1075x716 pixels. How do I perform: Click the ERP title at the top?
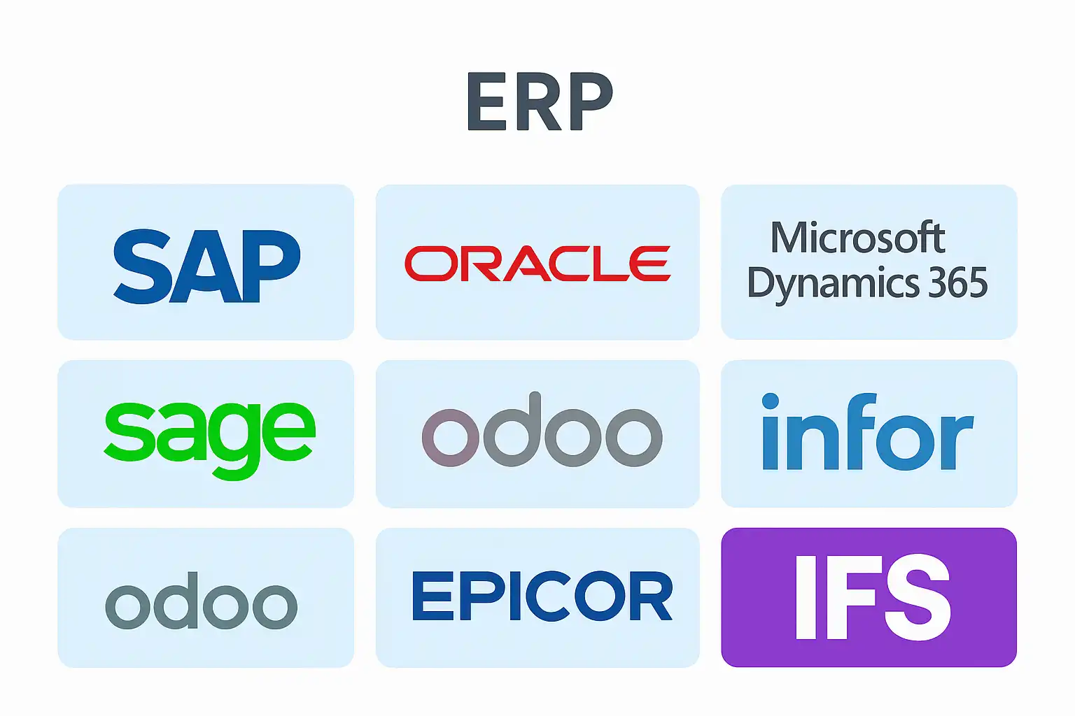click(540, 101)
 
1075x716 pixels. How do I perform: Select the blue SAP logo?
click(207, 266)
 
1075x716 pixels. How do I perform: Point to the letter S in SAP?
click(142, 266)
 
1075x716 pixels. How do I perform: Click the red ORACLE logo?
click(537, 264)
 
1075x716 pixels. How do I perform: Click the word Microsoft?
click(857, 237)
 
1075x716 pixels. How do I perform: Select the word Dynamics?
click(833, 285)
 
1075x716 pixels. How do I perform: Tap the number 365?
click(958, 282)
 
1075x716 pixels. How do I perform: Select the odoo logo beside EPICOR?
click(201, 601)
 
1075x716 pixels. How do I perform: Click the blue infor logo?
click(868, 431)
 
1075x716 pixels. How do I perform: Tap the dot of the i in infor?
click(771, 401)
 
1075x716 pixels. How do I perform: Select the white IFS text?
click(873, 597)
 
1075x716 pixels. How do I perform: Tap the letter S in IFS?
click(918, 597)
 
